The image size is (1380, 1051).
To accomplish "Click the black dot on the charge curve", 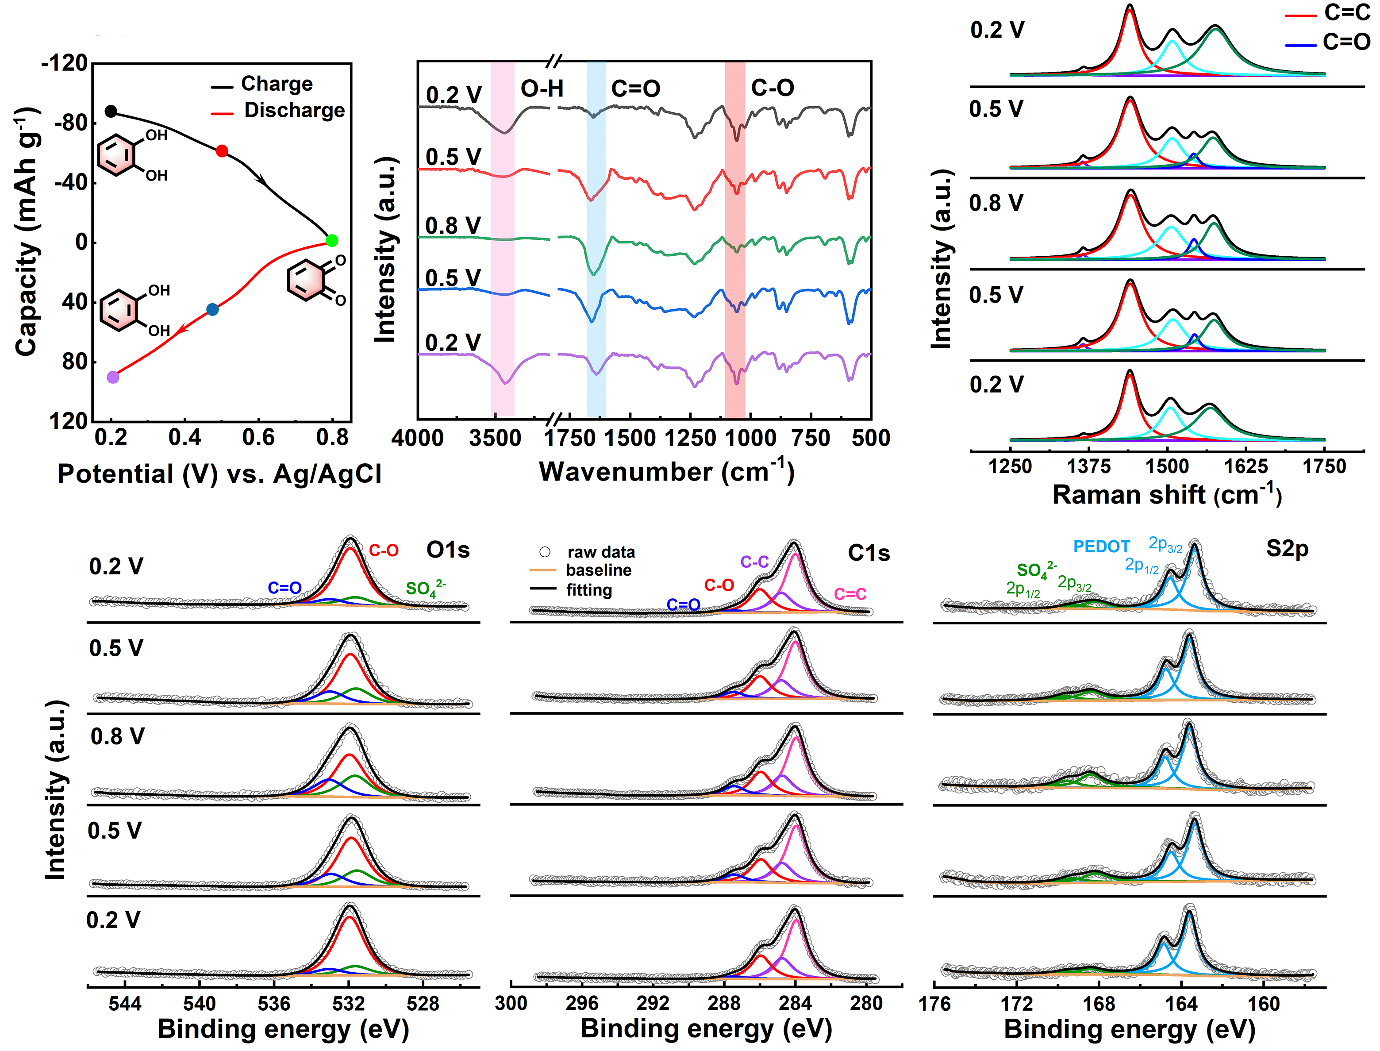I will click(111, 112).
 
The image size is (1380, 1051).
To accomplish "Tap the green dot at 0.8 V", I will click(332, 240).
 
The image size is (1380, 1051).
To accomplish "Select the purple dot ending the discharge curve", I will click(113, 377).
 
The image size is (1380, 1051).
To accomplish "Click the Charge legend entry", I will click(276, 84).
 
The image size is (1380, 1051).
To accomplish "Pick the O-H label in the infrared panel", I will click(542, 89).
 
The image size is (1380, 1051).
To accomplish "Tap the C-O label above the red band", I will click(772, 88).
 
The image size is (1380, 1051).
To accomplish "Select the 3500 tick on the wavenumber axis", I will click(495, 439).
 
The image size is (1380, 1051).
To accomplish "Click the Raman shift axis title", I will click(1167, 495).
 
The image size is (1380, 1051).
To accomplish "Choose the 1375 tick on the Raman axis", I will click(1088, 467).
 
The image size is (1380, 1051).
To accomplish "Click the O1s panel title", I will click(448, 550).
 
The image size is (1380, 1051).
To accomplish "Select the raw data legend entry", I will click(600, 552).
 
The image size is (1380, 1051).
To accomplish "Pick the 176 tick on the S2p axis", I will click(934, 1004).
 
